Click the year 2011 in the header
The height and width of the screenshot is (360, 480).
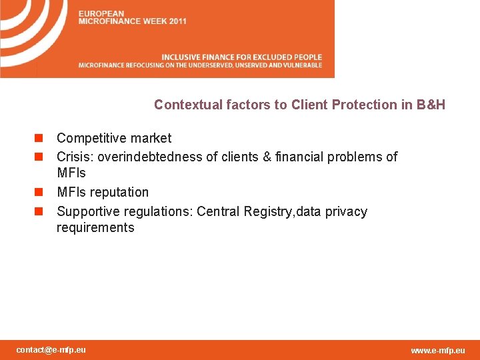(177, 21)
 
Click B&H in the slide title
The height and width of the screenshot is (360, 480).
(431, 105)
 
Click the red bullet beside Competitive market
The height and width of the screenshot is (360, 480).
(39, 139)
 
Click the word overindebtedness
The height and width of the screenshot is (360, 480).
(146, 157)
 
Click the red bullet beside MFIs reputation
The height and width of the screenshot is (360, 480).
(39, 193)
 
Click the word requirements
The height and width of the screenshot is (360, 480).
(95, 228)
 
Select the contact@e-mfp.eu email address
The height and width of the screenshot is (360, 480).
(51, 349)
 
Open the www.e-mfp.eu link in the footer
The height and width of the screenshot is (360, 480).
(438, 350)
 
